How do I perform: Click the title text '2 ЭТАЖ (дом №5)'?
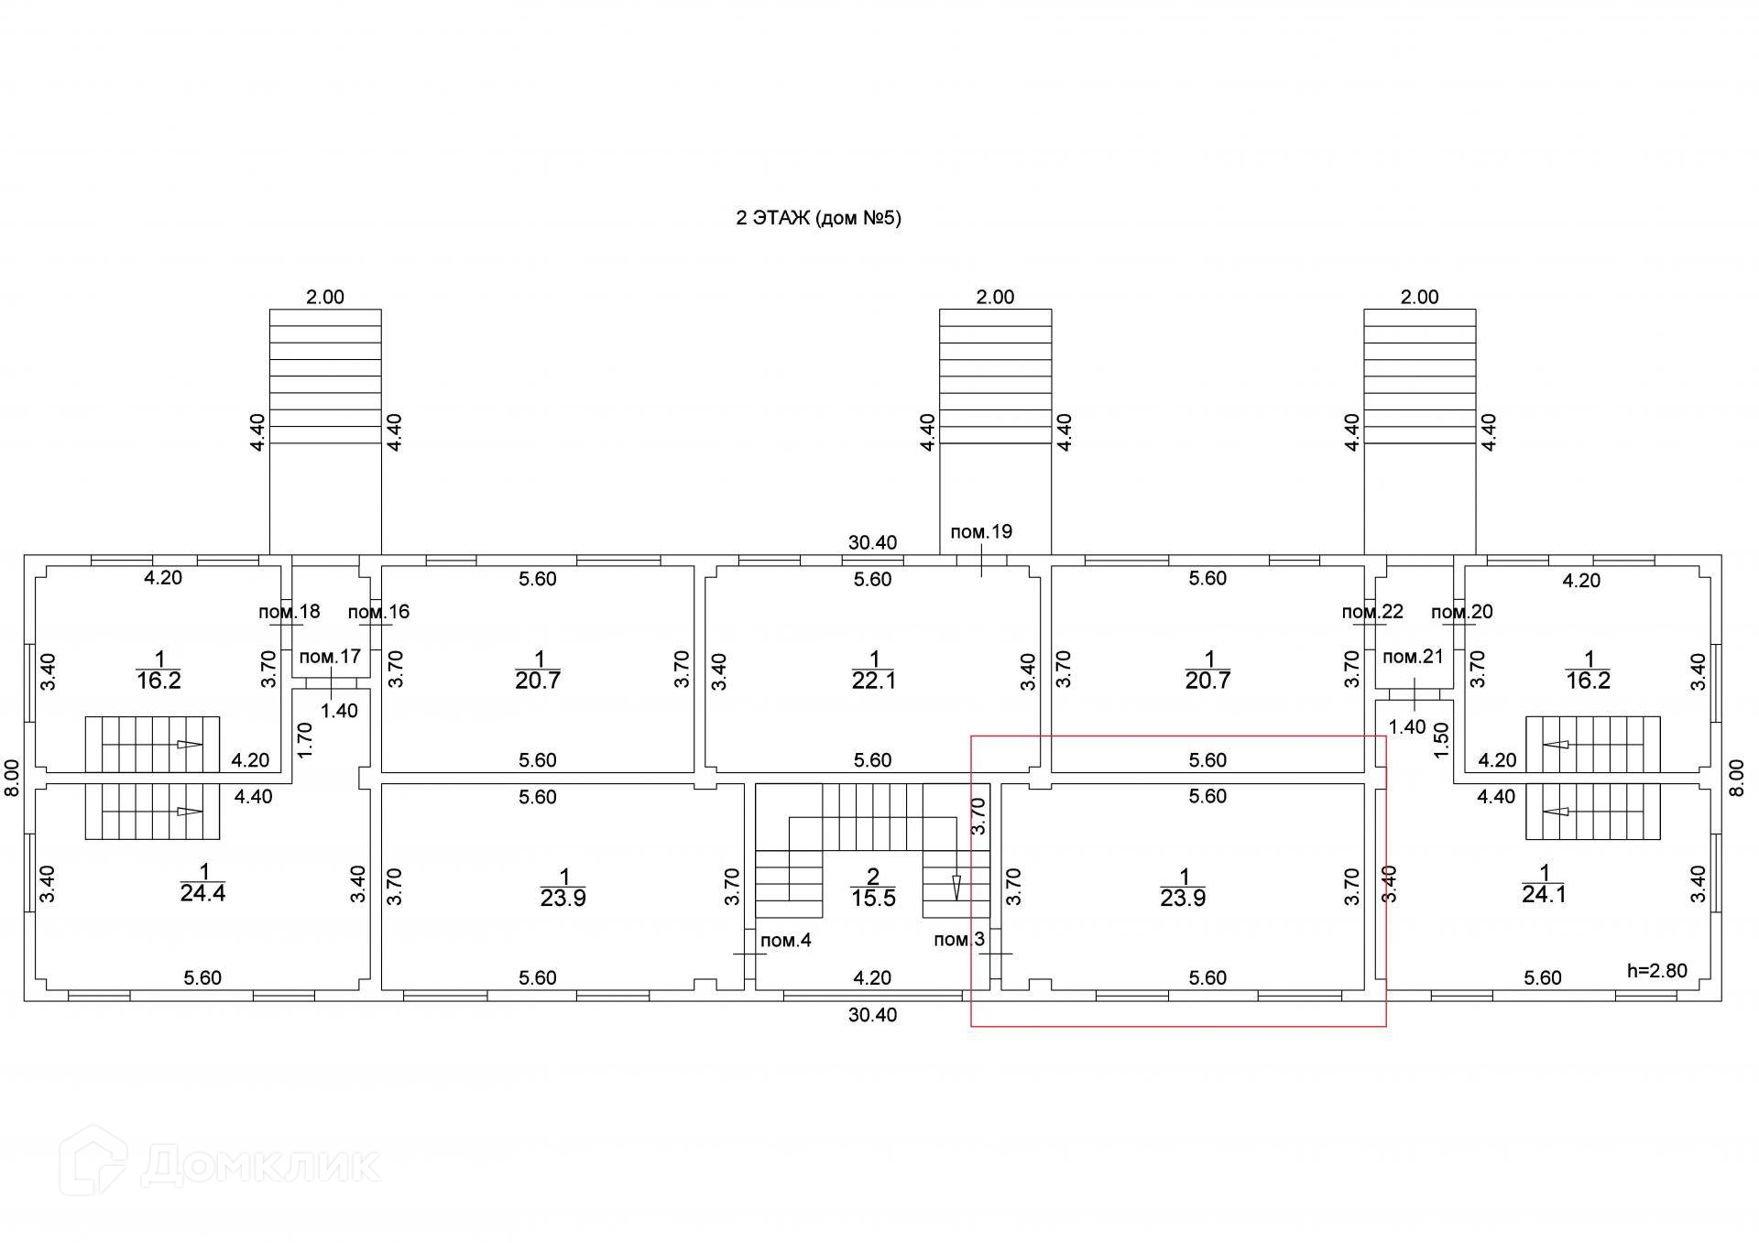(818, 218)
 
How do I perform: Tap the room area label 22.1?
(874, 681)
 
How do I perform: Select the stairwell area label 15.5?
(873, 899)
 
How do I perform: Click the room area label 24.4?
(202, 893)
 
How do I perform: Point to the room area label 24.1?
(1545, 894)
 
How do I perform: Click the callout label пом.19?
(981, 532)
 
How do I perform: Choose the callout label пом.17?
(330, 657)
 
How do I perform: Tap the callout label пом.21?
(1413, 657)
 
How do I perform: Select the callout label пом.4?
(786, 940)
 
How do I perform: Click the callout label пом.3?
(959, 940)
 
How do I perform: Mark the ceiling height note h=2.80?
(1656, 971)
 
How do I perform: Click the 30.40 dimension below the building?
(872, 1015)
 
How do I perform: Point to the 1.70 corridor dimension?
(306, 740)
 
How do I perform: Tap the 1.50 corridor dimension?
(1441, 740)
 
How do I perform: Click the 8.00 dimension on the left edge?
(12, 778)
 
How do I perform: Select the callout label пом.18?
(289, 612)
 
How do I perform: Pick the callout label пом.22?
(1372, 612)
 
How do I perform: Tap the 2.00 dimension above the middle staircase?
(996, 297)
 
